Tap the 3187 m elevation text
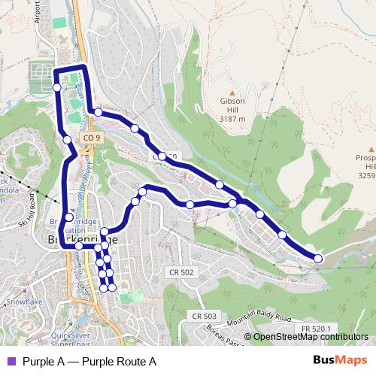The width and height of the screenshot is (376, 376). coord(232,119)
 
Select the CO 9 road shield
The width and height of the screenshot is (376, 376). coord(90,138)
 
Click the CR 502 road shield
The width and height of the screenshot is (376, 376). coord(182,271)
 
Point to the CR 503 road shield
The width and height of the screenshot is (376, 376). coord(204,317)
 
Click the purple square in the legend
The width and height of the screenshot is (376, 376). coord(10,362)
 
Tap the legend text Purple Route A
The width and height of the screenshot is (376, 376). coord(89,362)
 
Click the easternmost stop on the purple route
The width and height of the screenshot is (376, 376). coord(318,259)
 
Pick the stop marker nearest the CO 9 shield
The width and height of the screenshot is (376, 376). coord(68,139)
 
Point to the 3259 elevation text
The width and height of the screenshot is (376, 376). coord(366,176)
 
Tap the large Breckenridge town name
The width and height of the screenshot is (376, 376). coord(82,238)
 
